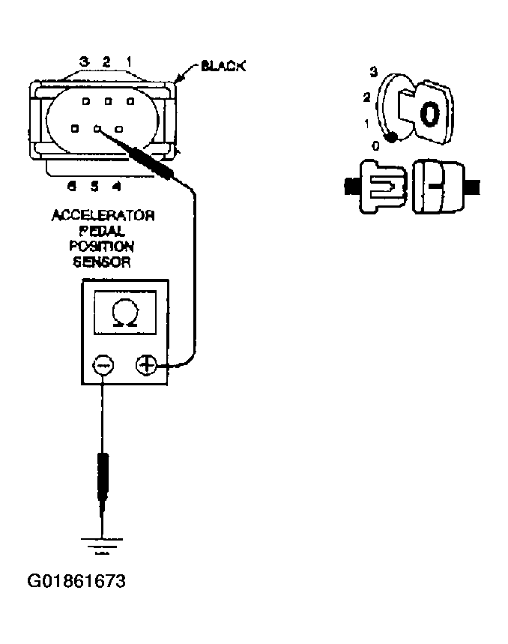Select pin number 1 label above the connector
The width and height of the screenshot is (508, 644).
tap(129, 61)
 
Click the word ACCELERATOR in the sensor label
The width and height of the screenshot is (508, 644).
tap(103, 217)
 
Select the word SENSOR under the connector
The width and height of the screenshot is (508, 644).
tap(103, 262)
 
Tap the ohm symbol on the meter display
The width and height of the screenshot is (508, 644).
tap(124, 313)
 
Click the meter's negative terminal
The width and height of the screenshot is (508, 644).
tap(103, 365)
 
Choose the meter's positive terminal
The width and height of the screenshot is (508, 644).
tap(146, 365)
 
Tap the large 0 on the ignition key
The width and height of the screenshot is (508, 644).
tap(428, 114)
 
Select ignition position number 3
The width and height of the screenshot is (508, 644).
tap(372, 72)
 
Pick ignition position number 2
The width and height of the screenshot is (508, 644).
tap(366, 97)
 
